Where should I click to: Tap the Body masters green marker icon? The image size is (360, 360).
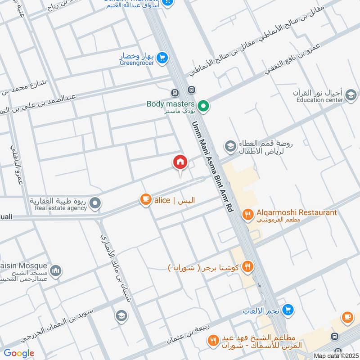(203, 107)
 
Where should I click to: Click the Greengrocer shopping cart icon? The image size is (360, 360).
(162, 58)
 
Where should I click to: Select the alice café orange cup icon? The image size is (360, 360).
(145, 200)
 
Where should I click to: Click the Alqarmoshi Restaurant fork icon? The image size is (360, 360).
(247, 215)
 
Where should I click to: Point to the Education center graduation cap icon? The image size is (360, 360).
(351, 95)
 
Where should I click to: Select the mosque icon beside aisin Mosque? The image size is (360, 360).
(55, 270)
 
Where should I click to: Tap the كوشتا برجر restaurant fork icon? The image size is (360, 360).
(247, 266)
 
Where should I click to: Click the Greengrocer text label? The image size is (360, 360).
(137, 63)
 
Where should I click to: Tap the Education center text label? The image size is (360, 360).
(319, 100)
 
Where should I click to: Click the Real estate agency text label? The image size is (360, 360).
(61, 208)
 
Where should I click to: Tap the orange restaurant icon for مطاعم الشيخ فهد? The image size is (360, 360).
(213, 341)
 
